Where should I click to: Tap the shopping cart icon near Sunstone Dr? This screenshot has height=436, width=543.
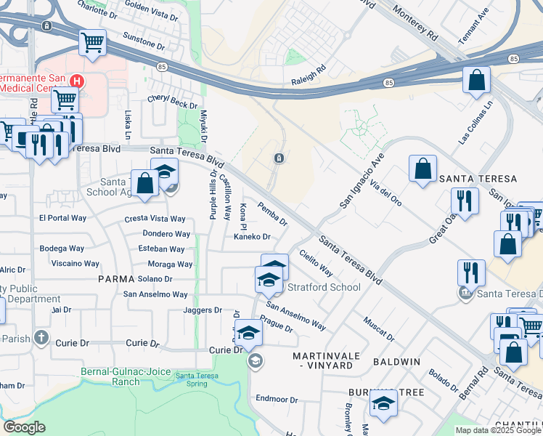[93, 43]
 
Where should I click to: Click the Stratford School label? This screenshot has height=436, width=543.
[324, 287]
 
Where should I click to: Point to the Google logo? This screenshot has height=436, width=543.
[24, 427]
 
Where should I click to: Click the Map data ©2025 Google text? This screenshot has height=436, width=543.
[497, 430]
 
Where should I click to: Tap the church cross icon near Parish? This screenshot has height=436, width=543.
[41, 338]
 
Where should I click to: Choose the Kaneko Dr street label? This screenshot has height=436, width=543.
[251, 237]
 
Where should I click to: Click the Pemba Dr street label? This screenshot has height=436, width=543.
[273, 214]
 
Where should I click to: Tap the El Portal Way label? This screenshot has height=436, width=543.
[62, 218]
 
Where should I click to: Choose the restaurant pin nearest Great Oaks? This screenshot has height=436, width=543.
[464, 201]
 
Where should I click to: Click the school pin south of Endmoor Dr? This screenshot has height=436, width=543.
[383, 403]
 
